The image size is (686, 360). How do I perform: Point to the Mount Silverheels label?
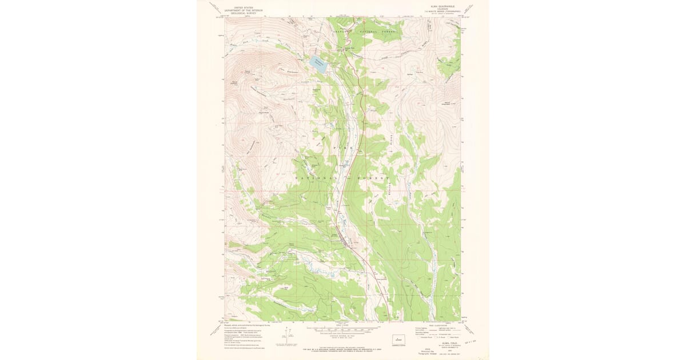point(447,103)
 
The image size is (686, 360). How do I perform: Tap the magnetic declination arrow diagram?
point(284,337)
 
